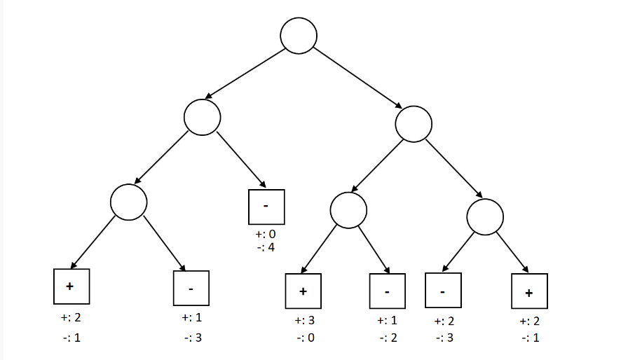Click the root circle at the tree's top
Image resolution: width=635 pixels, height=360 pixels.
(299, 35)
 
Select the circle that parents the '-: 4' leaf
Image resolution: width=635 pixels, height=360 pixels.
(203, 117)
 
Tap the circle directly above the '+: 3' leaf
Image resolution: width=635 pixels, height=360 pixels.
(348, 209)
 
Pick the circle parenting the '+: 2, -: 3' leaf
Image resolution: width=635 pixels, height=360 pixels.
(485, 216)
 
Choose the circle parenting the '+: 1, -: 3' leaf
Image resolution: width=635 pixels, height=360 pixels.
(129, 202)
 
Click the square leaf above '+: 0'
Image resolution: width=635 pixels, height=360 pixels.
(266, 206)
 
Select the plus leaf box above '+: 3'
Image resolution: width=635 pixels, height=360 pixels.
(303, 291)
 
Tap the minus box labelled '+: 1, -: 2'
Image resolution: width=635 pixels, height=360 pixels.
(387, 291)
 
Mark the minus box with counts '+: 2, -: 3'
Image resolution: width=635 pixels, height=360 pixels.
(443, 291)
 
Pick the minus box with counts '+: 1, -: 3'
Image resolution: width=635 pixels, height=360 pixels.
(191, 288)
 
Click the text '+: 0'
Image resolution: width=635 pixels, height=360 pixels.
(266, 234)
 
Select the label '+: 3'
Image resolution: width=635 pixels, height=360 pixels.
(304, 321)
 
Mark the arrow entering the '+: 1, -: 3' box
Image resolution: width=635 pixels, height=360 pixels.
(165, 244)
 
